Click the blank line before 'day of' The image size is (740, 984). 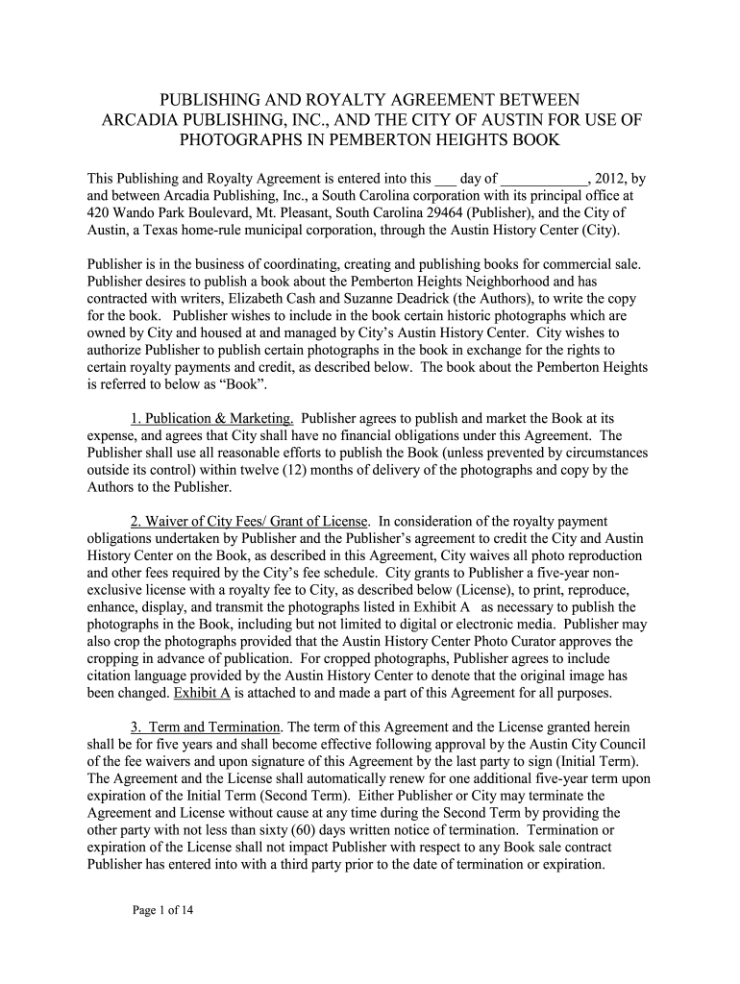coord(445,179)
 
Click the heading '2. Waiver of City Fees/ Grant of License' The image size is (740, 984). coord(250,521)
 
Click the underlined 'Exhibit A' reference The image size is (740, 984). coord(200,693)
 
